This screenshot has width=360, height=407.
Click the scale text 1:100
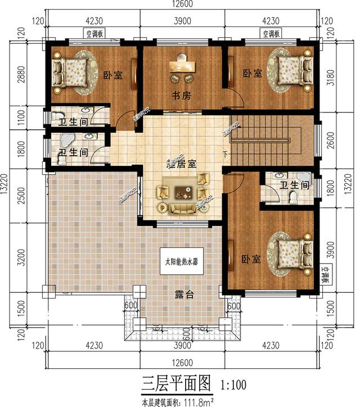[x=233, y=386]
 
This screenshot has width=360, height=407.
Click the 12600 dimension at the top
[x=181, y=5]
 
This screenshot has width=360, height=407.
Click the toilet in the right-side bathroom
[x=292, y=197]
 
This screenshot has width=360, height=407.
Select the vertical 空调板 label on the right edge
[x=326, y=276]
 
